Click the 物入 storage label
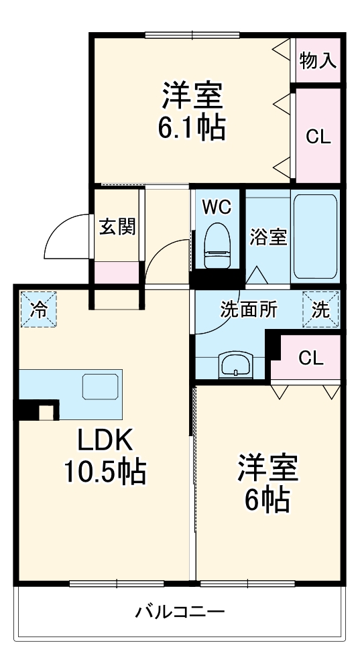[x=318, y=61]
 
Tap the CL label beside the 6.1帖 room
[x=318, y=137]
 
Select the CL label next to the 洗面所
[x=311, y=358]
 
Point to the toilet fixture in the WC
[x=217, y=245]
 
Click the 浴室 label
[x=268, y=237]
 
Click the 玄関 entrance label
[x=117, y=227]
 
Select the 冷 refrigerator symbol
[x=39, y=310]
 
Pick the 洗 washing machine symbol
[x=320, y=310]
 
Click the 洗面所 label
[x=249, y=310]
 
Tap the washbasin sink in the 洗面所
[x=235, y=366]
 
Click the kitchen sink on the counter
[x=101, y=387]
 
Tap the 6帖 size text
[x=267, y=499]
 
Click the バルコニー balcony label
[x=180, y=612]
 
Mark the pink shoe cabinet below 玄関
[x=117, y=272]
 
